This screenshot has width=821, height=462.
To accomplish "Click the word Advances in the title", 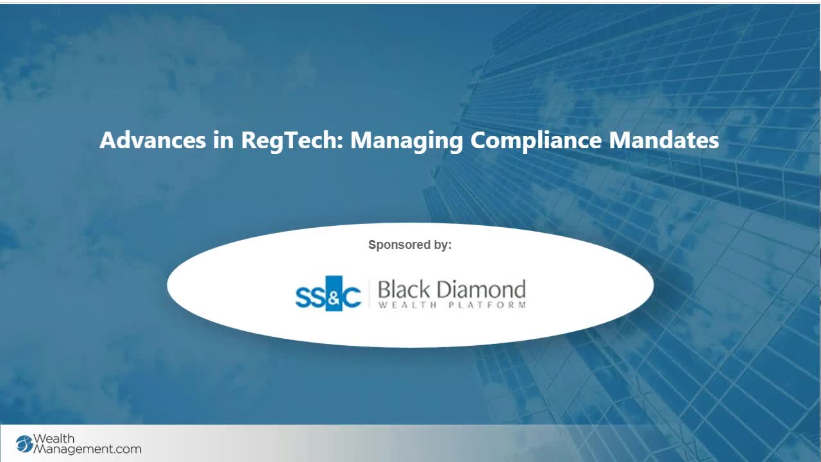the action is pos(153,140).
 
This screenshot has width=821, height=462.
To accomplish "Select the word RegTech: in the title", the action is pos(292,141).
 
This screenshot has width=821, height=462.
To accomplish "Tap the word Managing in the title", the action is pos(407,141).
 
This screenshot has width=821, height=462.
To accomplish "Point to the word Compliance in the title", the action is pos(536,141).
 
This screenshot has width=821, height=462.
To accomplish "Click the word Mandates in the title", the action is pos(664,140).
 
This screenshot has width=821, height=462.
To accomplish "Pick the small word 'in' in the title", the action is pos(223,140).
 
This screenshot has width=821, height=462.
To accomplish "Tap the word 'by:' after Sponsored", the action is pos(443,245).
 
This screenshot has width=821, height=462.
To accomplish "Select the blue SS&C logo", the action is pos(328,293).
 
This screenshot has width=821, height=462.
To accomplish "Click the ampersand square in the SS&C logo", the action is pos(334,293).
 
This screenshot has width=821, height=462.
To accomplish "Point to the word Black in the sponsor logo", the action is pos(403,289).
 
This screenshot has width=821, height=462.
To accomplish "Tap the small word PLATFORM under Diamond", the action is pos(487,305).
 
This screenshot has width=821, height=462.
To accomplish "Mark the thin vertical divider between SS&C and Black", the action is pos(369,293).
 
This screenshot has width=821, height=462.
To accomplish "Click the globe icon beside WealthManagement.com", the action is pos(24,444).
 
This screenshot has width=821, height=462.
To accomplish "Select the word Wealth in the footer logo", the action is pos(53,438).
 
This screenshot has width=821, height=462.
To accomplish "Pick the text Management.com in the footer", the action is pos(87,449).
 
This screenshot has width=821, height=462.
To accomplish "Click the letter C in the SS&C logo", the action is pos(351,297).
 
